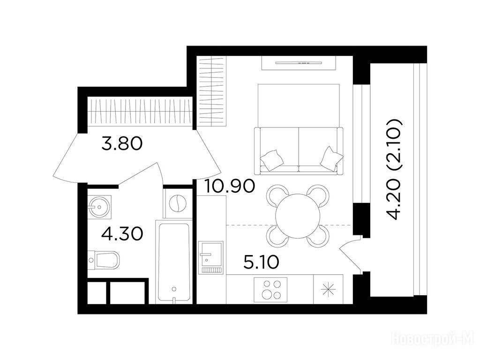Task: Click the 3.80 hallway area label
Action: coord(122,143)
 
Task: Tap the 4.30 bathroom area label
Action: coord(122,234)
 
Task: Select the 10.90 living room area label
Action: coord(229,186)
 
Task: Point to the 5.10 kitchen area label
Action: coord(261,262)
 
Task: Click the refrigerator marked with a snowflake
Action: coord(328,289)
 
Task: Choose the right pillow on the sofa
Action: coord(331,158)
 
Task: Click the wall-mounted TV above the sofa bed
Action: coord(299,63)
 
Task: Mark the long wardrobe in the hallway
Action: coord(140,112)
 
